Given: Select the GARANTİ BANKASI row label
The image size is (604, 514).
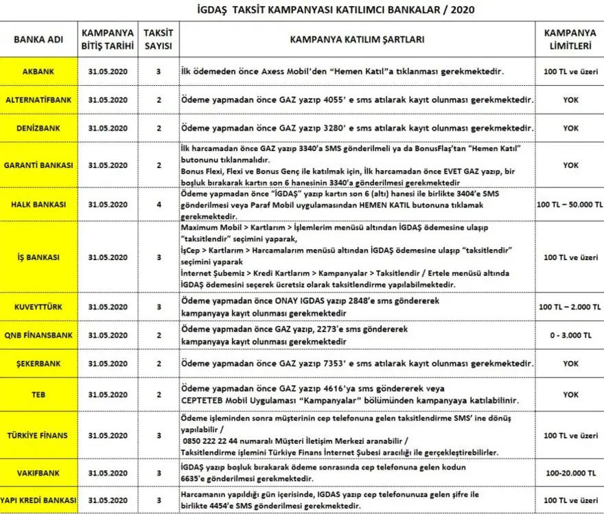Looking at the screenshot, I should pyautogui.click(x=38, y=165).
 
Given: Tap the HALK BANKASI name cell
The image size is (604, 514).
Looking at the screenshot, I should pyautogui.click(x=38, y=205).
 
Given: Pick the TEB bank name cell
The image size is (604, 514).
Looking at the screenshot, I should pyautogui.click(x=38, y=395).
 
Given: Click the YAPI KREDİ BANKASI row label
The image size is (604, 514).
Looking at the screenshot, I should pyautogui.click(x=38, y=500).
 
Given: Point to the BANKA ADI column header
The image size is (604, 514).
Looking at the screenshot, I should pyautogui.click(x=38, y=39).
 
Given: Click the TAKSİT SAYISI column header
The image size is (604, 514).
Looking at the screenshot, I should pyautogui.click(x=159, y=39).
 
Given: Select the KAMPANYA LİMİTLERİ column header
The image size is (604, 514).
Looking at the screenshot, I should pyautogui.click(x=570, y=39).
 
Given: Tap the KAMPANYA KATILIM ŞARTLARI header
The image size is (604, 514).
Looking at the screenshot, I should pyautogui.click(x=358, y=39).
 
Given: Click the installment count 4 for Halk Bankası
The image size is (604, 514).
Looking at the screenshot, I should pyautogui.click(x=159, y=205).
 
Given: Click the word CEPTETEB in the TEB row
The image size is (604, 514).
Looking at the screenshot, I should pyautogui.click(x=205, y=401).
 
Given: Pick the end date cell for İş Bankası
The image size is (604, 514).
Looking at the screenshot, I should pyautogui.click(x=108, y=257).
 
